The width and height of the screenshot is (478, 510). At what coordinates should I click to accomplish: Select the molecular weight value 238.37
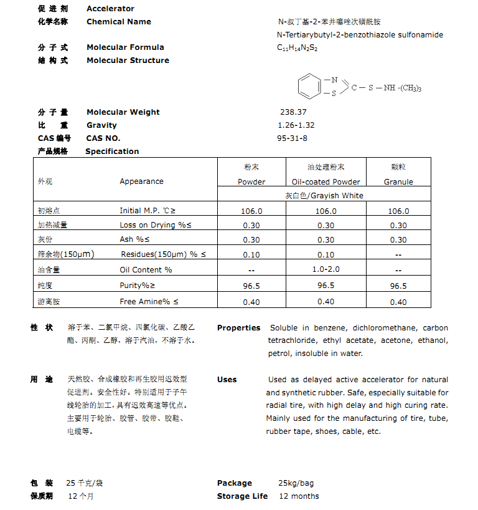point(293,112)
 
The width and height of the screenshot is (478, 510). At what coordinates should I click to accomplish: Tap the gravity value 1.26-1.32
point(296,125)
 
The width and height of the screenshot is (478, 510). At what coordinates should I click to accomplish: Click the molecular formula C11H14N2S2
point(298,47)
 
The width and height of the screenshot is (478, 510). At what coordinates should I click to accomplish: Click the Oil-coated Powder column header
point(326,182)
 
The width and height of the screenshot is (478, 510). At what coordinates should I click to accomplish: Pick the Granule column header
point(398,182)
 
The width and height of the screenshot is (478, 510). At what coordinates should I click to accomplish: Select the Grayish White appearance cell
point(324,196)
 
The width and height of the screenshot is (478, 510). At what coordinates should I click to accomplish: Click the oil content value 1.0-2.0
point(326,270)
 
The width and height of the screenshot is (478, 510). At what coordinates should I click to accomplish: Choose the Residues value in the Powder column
point(251,255)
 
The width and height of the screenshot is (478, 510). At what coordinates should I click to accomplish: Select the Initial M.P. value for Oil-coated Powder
point(326,211)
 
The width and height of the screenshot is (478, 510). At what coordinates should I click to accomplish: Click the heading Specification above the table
point(112,152)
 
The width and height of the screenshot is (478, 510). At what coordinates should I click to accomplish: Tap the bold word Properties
point(238,328)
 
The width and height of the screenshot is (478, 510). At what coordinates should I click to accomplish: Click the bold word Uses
point(227,380)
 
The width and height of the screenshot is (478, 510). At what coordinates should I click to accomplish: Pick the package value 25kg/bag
point(296,483)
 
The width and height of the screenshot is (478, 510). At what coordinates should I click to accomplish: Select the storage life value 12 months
point(299,496)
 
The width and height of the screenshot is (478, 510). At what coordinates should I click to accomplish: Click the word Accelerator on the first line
point(110,9)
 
